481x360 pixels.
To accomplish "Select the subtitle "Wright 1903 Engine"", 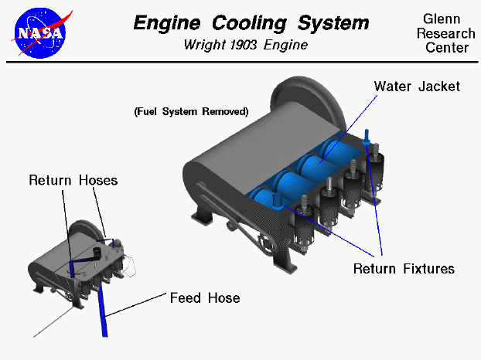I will [245, 45].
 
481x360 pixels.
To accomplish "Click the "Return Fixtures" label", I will [404, 269].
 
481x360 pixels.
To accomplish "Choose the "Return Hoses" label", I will [73, 180].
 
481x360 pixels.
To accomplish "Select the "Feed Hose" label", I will [205, 297].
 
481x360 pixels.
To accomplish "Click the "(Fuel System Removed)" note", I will [191, 111].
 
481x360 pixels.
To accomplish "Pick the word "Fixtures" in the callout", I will [428, 269].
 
